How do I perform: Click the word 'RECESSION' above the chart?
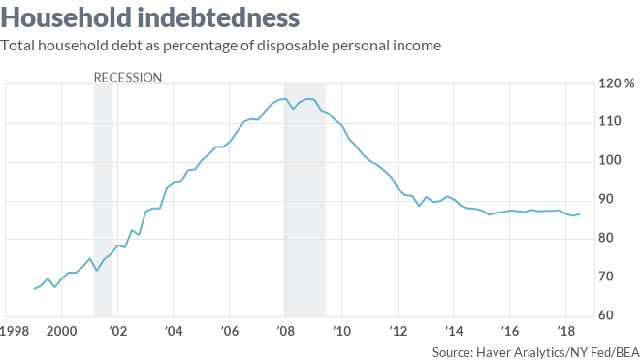127,77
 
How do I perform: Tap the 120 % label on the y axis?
616,83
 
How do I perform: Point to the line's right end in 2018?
580,213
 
